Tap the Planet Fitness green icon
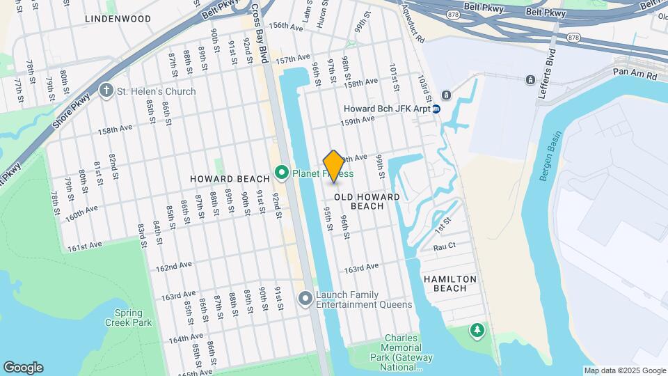coord(282,171)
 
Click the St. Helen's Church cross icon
coord(106,91)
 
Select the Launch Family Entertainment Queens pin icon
coord(305,299)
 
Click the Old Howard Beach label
coord(367,201)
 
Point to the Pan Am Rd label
coord(635,74)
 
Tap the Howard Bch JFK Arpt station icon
coord(436,109)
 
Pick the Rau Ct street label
coord(444,246)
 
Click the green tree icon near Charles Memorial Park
coord(477,329)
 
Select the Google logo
coord(23,368)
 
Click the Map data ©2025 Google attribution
coord(625,370)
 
